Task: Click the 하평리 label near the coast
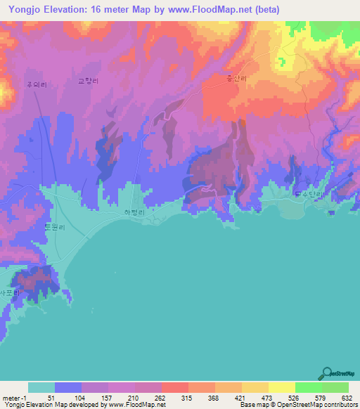[134, 212]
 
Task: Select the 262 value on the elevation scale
[161, 398]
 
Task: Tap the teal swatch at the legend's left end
[41, 387]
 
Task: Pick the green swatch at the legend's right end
[335, 387]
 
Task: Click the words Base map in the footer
[252, 405]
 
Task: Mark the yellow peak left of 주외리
[4, 89]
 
